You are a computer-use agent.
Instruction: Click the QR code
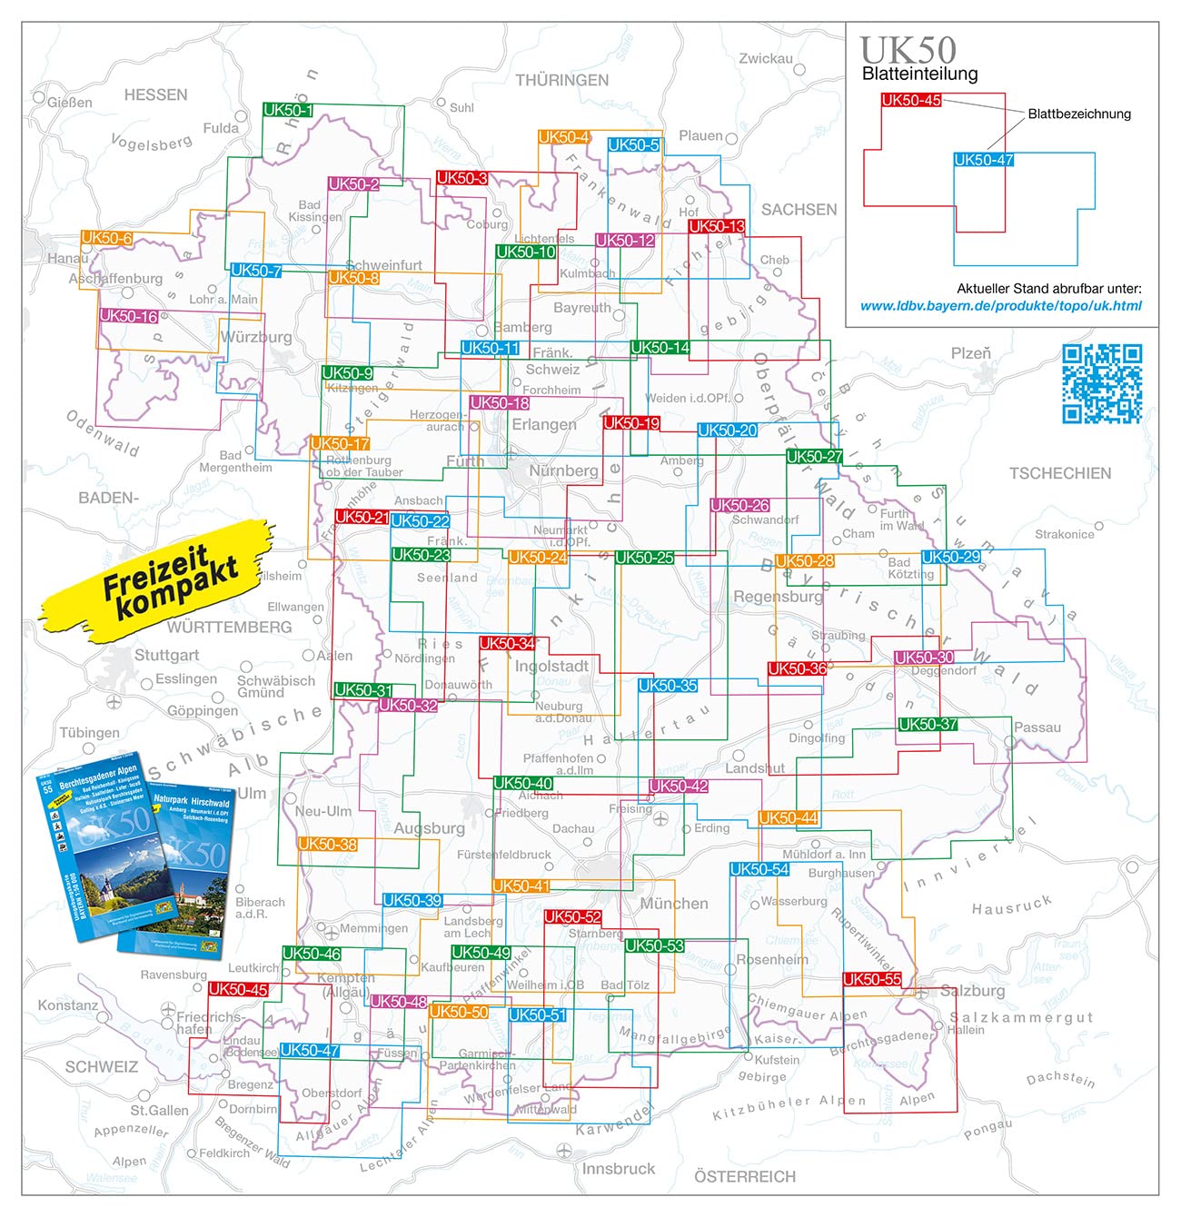point(1102,383)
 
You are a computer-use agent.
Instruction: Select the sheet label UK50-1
point(288,111)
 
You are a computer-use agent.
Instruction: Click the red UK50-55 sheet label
point(872,979)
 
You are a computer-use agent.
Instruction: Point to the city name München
point(673,904)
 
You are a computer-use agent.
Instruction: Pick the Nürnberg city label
point(563,470)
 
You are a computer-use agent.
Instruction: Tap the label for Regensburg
point(778,597)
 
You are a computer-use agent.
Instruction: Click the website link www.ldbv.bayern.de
point(1000,306)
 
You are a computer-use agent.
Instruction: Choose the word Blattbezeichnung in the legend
point(1079,114)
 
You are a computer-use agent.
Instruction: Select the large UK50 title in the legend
point(908,50)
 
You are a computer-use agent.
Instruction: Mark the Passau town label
point(1037,727)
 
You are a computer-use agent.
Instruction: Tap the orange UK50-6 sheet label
point(107,238)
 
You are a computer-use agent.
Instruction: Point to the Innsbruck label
point(618,1169)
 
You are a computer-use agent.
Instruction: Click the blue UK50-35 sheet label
point(668,686)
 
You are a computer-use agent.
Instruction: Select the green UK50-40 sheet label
point(522,783)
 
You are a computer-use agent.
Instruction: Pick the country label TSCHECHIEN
point(1059,473)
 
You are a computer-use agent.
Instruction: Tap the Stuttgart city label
point(166,655)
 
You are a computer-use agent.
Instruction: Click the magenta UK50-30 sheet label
point(924,658)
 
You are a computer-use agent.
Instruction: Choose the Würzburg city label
point(256,337)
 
